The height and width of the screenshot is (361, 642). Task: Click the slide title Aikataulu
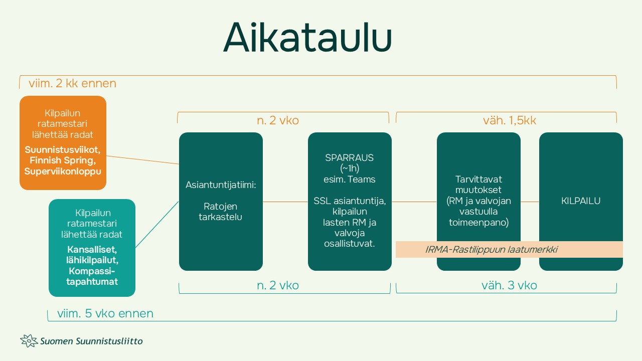point(307,38)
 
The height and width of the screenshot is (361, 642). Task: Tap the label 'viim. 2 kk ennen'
point(72,83)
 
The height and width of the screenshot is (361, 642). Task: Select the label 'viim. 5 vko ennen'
point(105,314)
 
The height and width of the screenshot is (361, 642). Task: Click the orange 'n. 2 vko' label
point(277,121)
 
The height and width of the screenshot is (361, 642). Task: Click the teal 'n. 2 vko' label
point(277,285)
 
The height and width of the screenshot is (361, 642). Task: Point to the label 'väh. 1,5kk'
point(509,121)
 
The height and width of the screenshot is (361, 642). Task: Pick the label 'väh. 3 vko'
point(509,285)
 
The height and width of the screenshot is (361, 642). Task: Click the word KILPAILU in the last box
point(580,201)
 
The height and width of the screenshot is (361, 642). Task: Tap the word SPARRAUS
point(350,157)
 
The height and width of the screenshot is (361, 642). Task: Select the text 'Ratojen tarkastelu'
point(221,212)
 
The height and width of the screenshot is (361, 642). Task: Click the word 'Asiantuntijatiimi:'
point(221,185)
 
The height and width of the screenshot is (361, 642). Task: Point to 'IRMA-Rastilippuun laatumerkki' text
point(491,249)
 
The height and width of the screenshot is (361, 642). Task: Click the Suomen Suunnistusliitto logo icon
point(29,341)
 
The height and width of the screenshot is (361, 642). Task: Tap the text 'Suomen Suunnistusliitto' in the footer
point(92,341)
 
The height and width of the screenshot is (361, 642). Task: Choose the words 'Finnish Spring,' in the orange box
point(63,160)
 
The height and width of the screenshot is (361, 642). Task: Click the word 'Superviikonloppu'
point(63,171)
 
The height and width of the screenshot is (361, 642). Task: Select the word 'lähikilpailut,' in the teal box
point(93,260)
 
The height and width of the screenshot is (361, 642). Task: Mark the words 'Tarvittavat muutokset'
point(478,185)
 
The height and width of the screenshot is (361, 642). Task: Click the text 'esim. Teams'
point(350,179)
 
